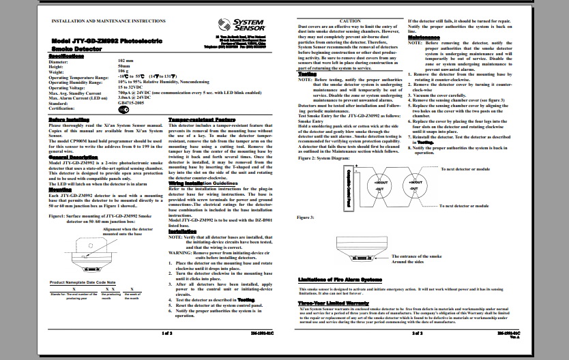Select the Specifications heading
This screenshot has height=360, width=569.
[x=67, y=57]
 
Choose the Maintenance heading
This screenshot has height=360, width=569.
[x=424, y=36]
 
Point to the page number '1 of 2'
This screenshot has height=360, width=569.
[x=166, y=334]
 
